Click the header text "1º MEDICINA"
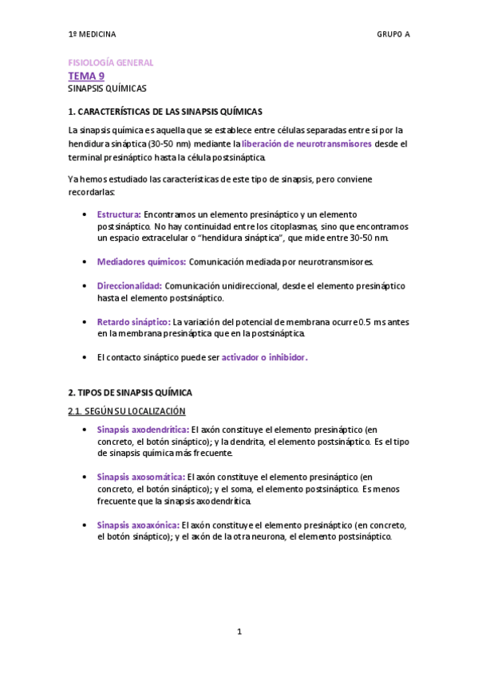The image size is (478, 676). click(x=92, y=34)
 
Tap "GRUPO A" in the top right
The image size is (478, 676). click(x=393, y=34)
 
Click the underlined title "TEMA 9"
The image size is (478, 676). click(x=86, y=76)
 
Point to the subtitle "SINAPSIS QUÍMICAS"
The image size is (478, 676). click(x=107, y=88)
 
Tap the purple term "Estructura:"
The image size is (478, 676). click(x=119, y=214)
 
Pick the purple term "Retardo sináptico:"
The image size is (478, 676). click(x=133, y=321)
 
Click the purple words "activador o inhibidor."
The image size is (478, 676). click(x=264, y=357)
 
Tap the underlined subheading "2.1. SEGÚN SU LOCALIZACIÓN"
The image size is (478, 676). click(x=127, y=411)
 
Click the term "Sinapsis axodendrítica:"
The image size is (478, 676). click(x=143, y=429)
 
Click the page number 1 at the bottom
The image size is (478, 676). click(x=239, y=631)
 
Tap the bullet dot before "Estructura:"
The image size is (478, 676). click(x=85, y=214)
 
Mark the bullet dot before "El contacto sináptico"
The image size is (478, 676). click(x=85, y=357)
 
